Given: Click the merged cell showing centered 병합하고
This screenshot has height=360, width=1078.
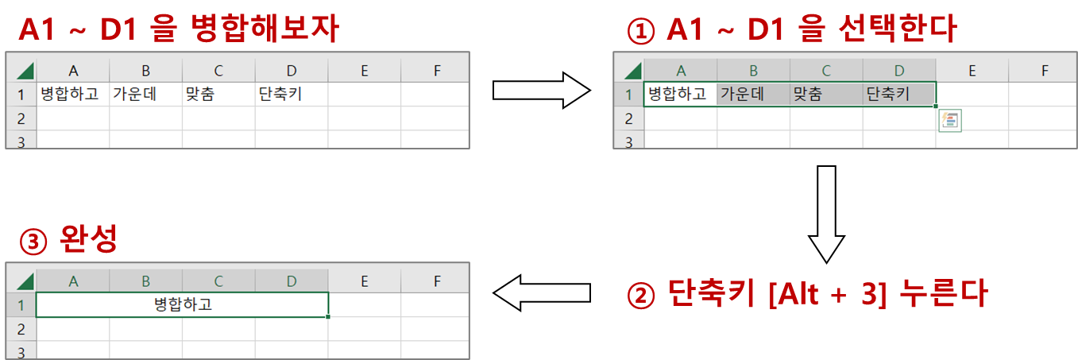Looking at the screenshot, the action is click(182, 305).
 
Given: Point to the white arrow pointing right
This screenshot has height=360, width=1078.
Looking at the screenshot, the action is click(540, 90).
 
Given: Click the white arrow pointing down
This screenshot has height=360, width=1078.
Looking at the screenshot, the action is click(826, 213).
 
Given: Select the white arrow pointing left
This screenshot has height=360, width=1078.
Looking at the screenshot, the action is click(543, 293).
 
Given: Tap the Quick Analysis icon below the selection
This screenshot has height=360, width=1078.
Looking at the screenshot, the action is click(950, 121).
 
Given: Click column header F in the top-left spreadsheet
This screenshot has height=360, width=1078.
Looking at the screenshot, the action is click(436, 71).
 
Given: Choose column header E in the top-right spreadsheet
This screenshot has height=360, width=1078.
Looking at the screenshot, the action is click(972, 70).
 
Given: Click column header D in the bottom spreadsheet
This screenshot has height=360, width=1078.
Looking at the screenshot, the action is click(292, 281).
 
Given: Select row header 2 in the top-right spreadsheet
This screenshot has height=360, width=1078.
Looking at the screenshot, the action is click(628, 118).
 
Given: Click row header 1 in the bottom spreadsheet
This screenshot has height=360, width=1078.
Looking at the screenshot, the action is click(21, 305).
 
